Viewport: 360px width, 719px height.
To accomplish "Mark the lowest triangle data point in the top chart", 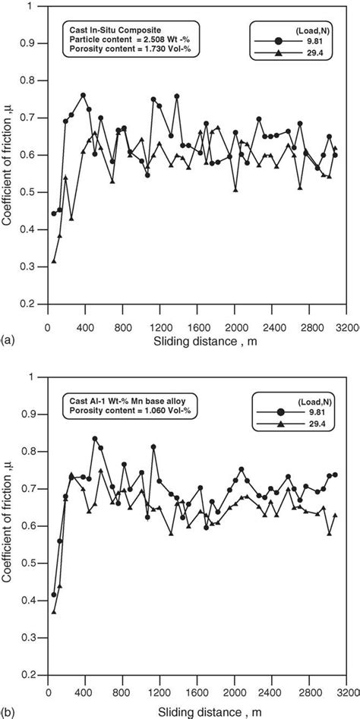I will [x=54, y=261].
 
